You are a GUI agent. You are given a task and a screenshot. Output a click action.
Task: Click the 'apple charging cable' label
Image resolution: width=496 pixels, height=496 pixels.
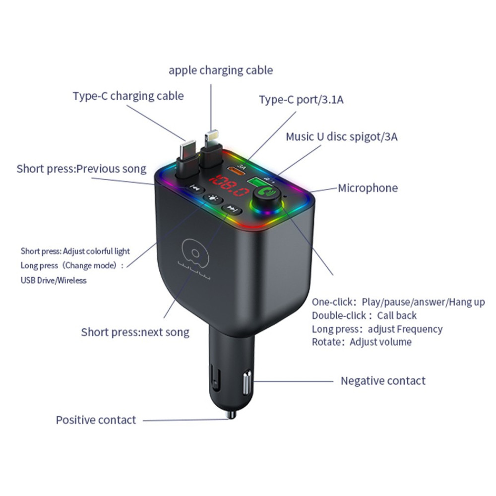click(x=221, y=70)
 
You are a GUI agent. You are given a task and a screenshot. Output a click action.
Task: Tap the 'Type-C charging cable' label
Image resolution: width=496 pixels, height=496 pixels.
click(x=128, y=96)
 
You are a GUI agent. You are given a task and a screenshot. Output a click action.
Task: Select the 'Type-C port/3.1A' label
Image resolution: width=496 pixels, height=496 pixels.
click(x=301, y=100)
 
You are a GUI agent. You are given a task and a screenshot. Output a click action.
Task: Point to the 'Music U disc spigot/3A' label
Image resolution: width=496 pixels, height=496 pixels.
click(x=341, y=136)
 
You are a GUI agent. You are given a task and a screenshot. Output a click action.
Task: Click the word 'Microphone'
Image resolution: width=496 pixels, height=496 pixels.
click(x=368, y=188)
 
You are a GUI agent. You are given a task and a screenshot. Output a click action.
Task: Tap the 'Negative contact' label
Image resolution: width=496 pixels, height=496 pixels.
click(x=383, y=381)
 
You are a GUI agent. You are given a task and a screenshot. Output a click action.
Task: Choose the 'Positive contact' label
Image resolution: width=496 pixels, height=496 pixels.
click(x=96, y=420)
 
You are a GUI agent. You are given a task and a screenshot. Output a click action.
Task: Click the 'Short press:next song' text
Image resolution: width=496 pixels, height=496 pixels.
click(x=135, y=332)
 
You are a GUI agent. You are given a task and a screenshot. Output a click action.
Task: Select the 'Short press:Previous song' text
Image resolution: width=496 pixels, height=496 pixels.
click(x=81, y=169)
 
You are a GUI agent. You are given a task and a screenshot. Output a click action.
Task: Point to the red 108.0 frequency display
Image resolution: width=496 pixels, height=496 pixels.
click(x=225, y=187)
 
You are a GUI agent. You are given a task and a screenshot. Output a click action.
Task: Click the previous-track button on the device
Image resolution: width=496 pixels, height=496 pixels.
click(x=195, y=188)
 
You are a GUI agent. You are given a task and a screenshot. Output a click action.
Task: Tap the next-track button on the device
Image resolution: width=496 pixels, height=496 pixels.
click(x=231, y=209)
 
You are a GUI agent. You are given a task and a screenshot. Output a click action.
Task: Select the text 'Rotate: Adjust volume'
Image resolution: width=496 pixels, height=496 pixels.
click(x=362, y=342)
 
